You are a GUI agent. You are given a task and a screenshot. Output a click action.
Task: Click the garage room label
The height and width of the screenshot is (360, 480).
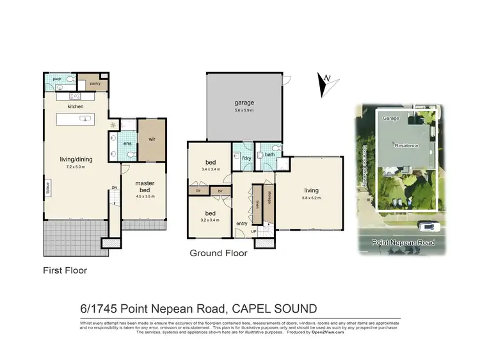[243, 102]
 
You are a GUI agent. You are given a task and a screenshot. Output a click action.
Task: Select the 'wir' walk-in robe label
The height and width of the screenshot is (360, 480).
[152, 138]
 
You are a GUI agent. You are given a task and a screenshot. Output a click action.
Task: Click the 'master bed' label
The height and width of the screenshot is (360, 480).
[145, 186]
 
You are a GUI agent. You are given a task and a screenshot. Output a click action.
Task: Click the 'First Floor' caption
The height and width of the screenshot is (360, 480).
[65, 270]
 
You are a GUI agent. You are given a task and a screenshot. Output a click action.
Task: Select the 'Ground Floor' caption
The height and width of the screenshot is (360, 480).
[218, 253]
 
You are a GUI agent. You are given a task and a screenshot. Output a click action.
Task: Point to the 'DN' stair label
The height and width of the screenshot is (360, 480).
[114, 187]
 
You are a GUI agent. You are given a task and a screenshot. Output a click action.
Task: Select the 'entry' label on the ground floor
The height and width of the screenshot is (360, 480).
[241, 223]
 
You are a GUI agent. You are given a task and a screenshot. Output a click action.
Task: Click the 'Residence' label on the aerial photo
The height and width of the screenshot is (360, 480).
[406, 145]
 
